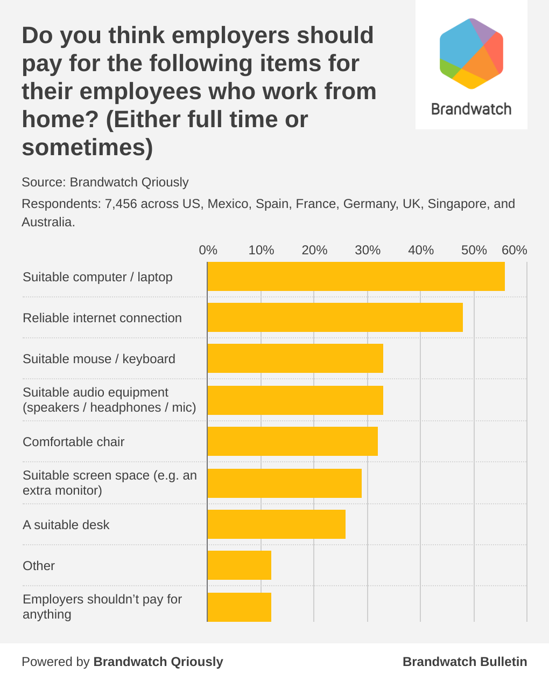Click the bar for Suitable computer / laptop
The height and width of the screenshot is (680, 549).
click(x=356, y=276)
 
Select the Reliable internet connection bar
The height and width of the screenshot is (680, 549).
click(x=335, y=317)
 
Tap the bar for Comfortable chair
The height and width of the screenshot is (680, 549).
click(x=292, y=441)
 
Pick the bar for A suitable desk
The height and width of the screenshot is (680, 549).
click(x=276, y=524)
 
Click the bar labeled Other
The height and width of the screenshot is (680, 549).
click(x=239, y=565)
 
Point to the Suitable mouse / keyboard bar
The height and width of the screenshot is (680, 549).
click(x=295, y=358)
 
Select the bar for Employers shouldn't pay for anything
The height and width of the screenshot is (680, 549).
click(x=239, y=607)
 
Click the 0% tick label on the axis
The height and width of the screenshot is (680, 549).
click(x=208, y=250)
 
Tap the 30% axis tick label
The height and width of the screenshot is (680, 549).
click(x=368, y=250)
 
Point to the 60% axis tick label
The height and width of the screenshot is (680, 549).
click(x=514, y=250)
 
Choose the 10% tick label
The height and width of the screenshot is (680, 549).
click(x=261, y=250)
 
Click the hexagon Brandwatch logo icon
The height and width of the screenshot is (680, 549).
click(x=471, y=54)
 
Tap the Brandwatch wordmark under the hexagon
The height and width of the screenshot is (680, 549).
click(x=471, y=109)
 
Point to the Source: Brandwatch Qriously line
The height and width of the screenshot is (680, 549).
click(x=105, y=182)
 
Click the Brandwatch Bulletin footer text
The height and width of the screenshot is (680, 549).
click(x=464, y=662)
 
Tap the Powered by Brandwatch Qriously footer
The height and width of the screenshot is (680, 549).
click(x=122, y=662)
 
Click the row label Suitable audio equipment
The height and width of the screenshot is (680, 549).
click(x=95, y=392)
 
